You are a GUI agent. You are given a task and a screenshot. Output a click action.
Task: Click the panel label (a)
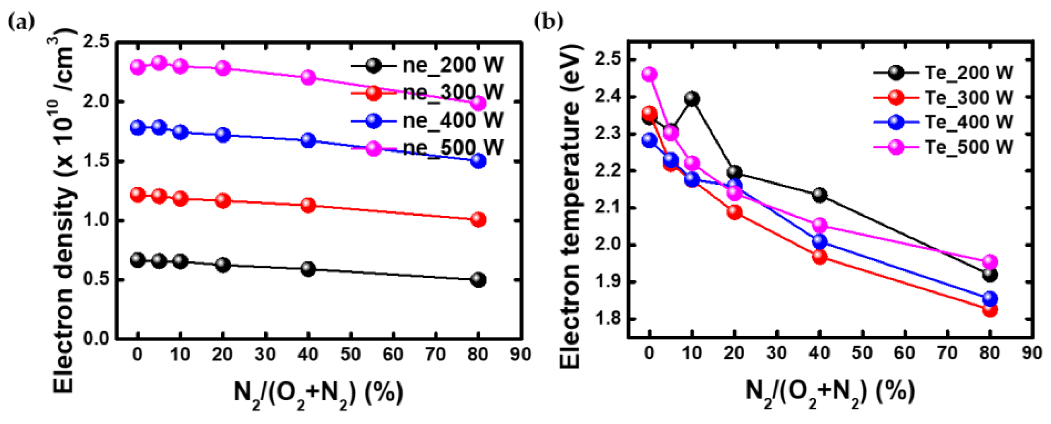(21, 22)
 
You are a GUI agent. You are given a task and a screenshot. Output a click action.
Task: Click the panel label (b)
(548, 22)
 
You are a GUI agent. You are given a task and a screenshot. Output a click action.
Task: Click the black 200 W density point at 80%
(478, 280)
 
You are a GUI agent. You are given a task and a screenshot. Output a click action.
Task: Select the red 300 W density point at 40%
(308, 205)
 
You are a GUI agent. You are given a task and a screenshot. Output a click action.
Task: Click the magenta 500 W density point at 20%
(223, 68)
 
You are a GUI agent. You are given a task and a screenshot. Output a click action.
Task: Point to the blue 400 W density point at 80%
(478, 161)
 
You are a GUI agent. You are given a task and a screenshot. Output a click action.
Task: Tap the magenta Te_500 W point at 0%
(649, 74)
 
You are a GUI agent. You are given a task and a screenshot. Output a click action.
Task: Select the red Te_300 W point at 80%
(990, 310)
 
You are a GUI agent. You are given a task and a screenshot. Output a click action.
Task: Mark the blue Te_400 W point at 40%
(820, 242)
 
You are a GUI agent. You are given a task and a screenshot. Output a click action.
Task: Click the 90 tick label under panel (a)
(521, 354)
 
